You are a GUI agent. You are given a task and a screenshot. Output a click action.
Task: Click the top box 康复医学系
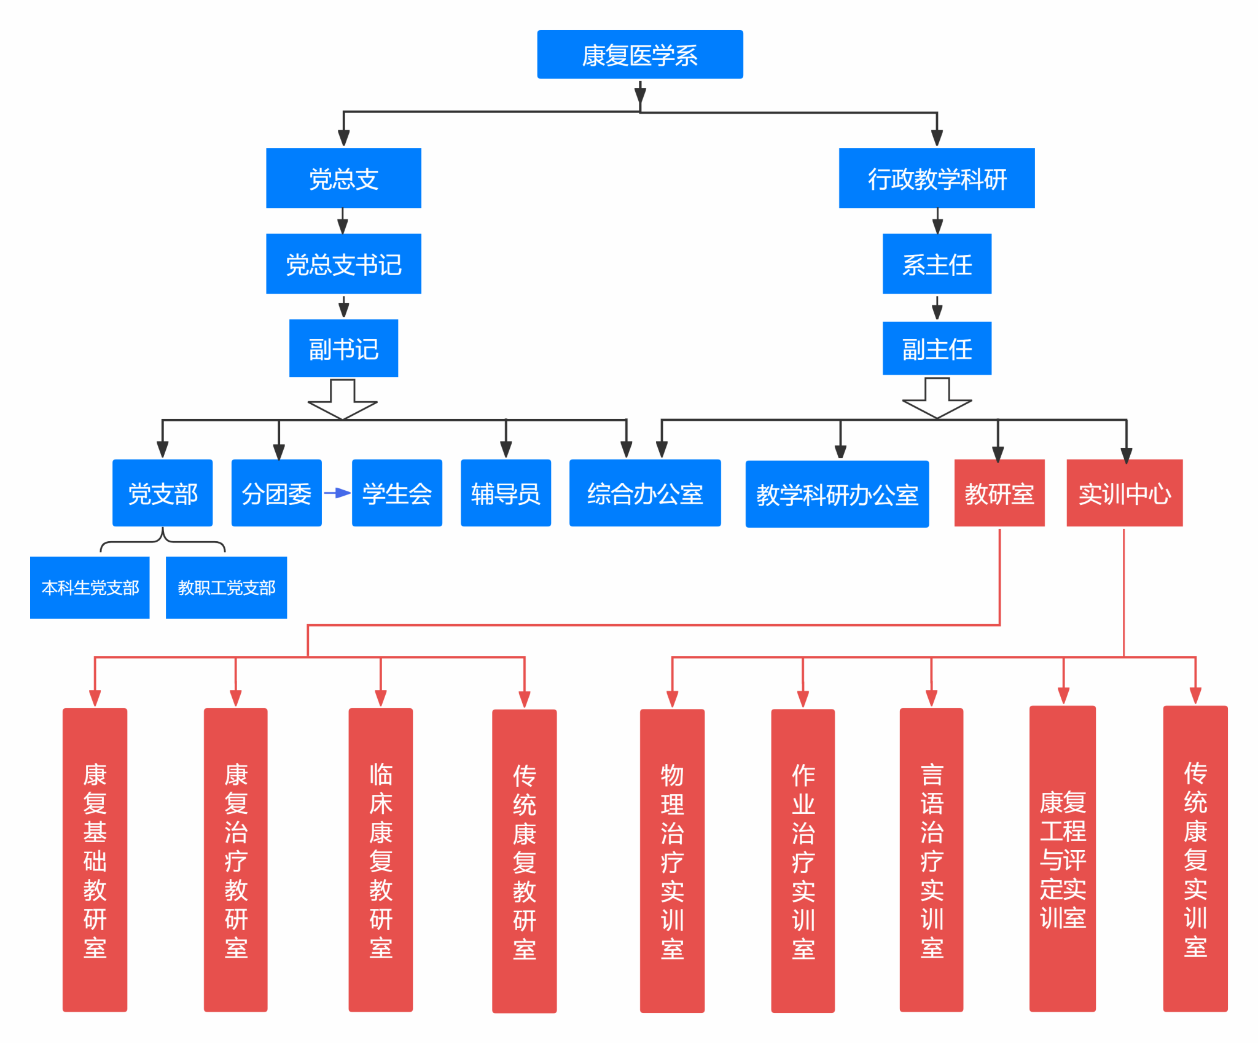coord(640,55)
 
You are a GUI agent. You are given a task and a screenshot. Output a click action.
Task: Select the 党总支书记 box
coord(343,264)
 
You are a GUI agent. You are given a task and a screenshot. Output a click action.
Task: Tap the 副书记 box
coord(343,348)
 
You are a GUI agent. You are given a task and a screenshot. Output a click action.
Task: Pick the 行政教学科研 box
coord(937,178)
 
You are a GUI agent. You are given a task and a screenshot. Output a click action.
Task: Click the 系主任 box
coord(937,264)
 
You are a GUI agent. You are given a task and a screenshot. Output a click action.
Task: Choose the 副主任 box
coord(937,348)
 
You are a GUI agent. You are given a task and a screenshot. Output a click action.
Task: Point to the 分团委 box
coord(276,493)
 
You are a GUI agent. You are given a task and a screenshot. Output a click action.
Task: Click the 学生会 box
coord(397,493)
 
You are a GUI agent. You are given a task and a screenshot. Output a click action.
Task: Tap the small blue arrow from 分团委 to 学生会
coord(337,493)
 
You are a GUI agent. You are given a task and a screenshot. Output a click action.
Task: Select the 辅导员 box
coord(506,493)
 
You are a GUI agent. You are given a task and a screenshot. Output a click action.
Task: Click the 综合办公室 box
coord(645,493)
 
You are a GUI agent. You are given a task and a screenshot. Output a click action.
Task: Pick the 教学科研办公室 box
coord(837,494)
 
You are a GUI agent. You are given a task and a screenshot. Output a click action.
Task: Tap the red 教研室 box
coord(999,493)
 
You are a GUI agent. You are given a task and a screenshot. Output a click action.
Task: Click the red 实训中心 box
coord(1125,493)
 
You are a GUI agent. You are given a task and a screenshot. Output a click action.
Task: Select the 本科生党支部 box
coord(90,587)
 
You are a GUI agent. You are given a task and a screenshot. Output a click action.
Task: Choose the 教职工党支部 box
coord(226,587)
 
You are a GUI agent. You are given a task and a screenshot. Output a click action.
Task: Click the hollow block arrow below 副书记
coord(342,399)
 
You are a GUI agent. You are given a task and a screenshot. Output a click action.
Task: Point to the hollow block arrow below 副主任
coord(937,398)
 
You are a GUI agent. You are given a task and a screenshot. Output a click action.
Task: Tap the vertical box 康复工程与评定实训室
coord(1063,859)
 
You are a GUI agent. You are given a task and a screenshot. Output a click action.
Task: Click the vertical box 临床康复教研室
coord(381,860)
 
